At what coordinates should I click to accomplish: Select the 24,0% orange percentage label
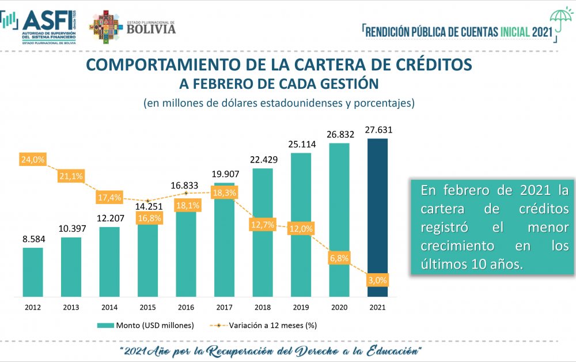[33, 159]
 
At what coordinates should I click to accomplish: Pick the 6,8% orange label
[339, 258]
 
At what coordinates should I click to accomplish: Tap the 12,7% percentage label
[263, 224]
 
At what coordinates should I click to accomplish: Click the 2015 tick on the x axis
[148, 307]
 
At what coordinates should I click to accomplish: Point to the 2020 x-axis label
[339, 307]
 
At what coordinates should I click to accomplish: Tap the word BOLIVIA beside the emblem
[151, 28]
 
